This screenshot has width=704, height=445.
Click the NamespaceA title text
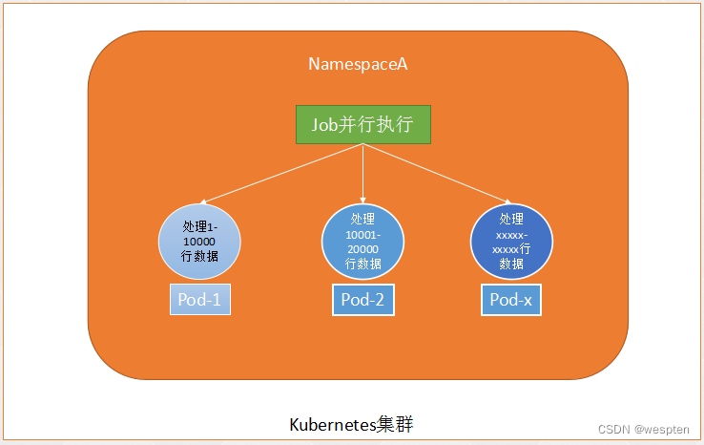358,64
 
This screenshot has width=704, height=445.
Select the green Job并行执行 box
362,125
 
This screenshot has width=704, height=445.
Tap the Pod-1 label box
200,301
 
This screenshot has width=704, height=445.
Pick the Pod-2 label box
362,301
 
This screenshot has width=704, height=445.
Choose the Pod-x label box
511,301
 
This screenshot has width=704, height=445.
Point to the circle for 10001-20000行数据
362,241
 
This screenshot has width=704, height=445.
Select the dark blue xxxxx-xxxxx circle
512,241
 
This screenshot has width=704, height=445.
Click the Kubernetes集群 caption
351,424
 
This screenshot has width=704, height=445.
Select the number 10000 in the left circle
199,242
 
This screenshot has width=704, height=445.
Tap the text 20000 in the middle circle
362,248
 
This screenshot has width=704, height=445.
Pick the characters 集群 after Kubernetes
400,424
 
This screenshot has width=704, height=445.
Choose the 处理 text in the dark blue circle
512,219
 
